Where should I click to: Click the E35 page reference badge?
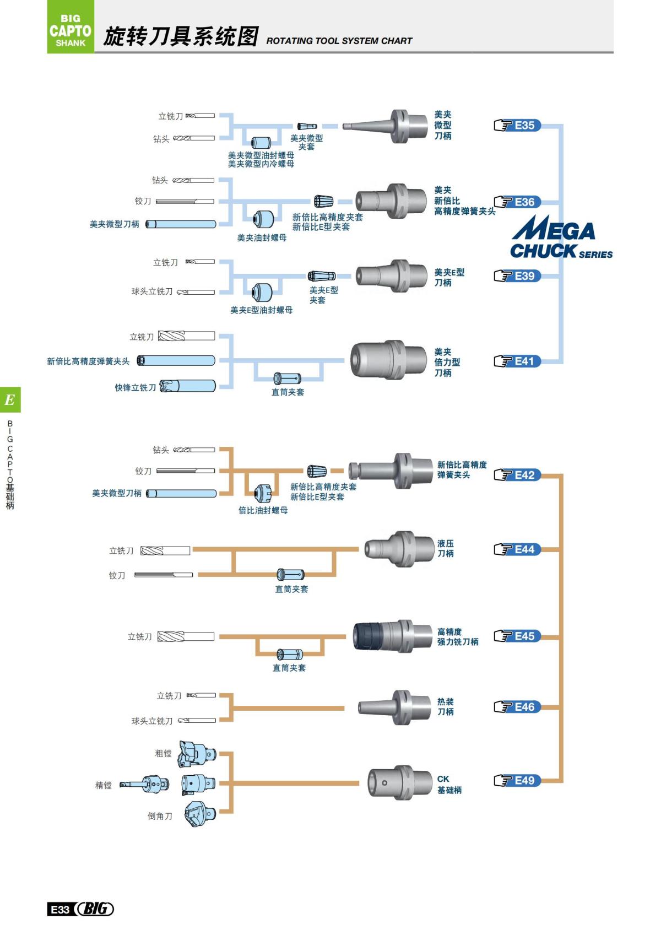coord(518,126)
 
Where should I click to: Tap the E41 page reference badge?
coord(518,361)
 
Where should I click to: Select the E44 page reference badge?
coord(518,549)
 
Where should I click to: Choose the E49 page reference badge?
coord(518,780)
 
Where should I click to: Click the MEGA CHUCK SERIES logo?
coord(559,237)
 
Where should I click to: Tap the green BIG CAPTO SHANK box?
coord(71,27)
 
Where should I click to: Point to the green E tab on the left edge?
coord(10,399)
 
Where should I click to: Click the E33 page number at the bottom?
coord(59,909)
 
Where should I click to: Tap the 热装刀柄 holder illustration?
coord(394,707)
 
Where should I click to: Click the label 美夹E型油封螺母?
coord(261,310)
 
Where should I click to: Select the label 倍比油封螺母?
coord(263,510)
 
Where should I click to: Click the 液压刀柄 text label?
coord(445,548)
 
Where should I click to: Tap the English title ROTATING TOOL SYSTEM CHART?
coord(339,41)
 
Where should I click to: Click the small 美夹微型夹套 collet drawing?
coord(307,126)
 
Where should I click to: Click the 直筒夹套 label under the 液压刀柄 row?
coord(291,589)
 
